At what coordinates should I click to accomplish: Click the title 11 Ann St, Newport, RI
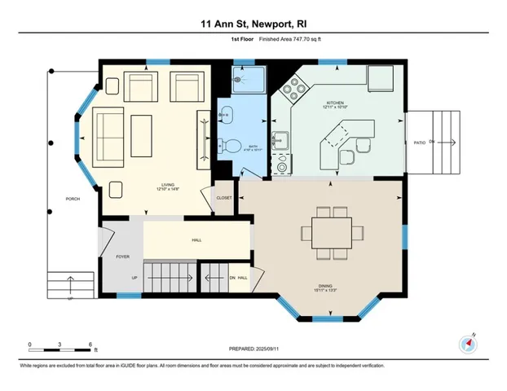(x=253, y=24)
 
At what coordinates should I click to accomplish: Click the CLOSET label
(x=223, y=198)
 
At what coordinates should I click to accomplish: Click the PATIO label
(x=420, y=143)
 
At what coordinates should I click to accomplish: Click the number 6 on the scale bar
(x=90, y=345)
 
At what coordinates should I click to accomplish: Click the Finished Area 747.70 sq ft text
(x=284, y=38)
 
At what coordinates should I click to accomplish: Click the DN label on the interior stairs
(x=232, y=279)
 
